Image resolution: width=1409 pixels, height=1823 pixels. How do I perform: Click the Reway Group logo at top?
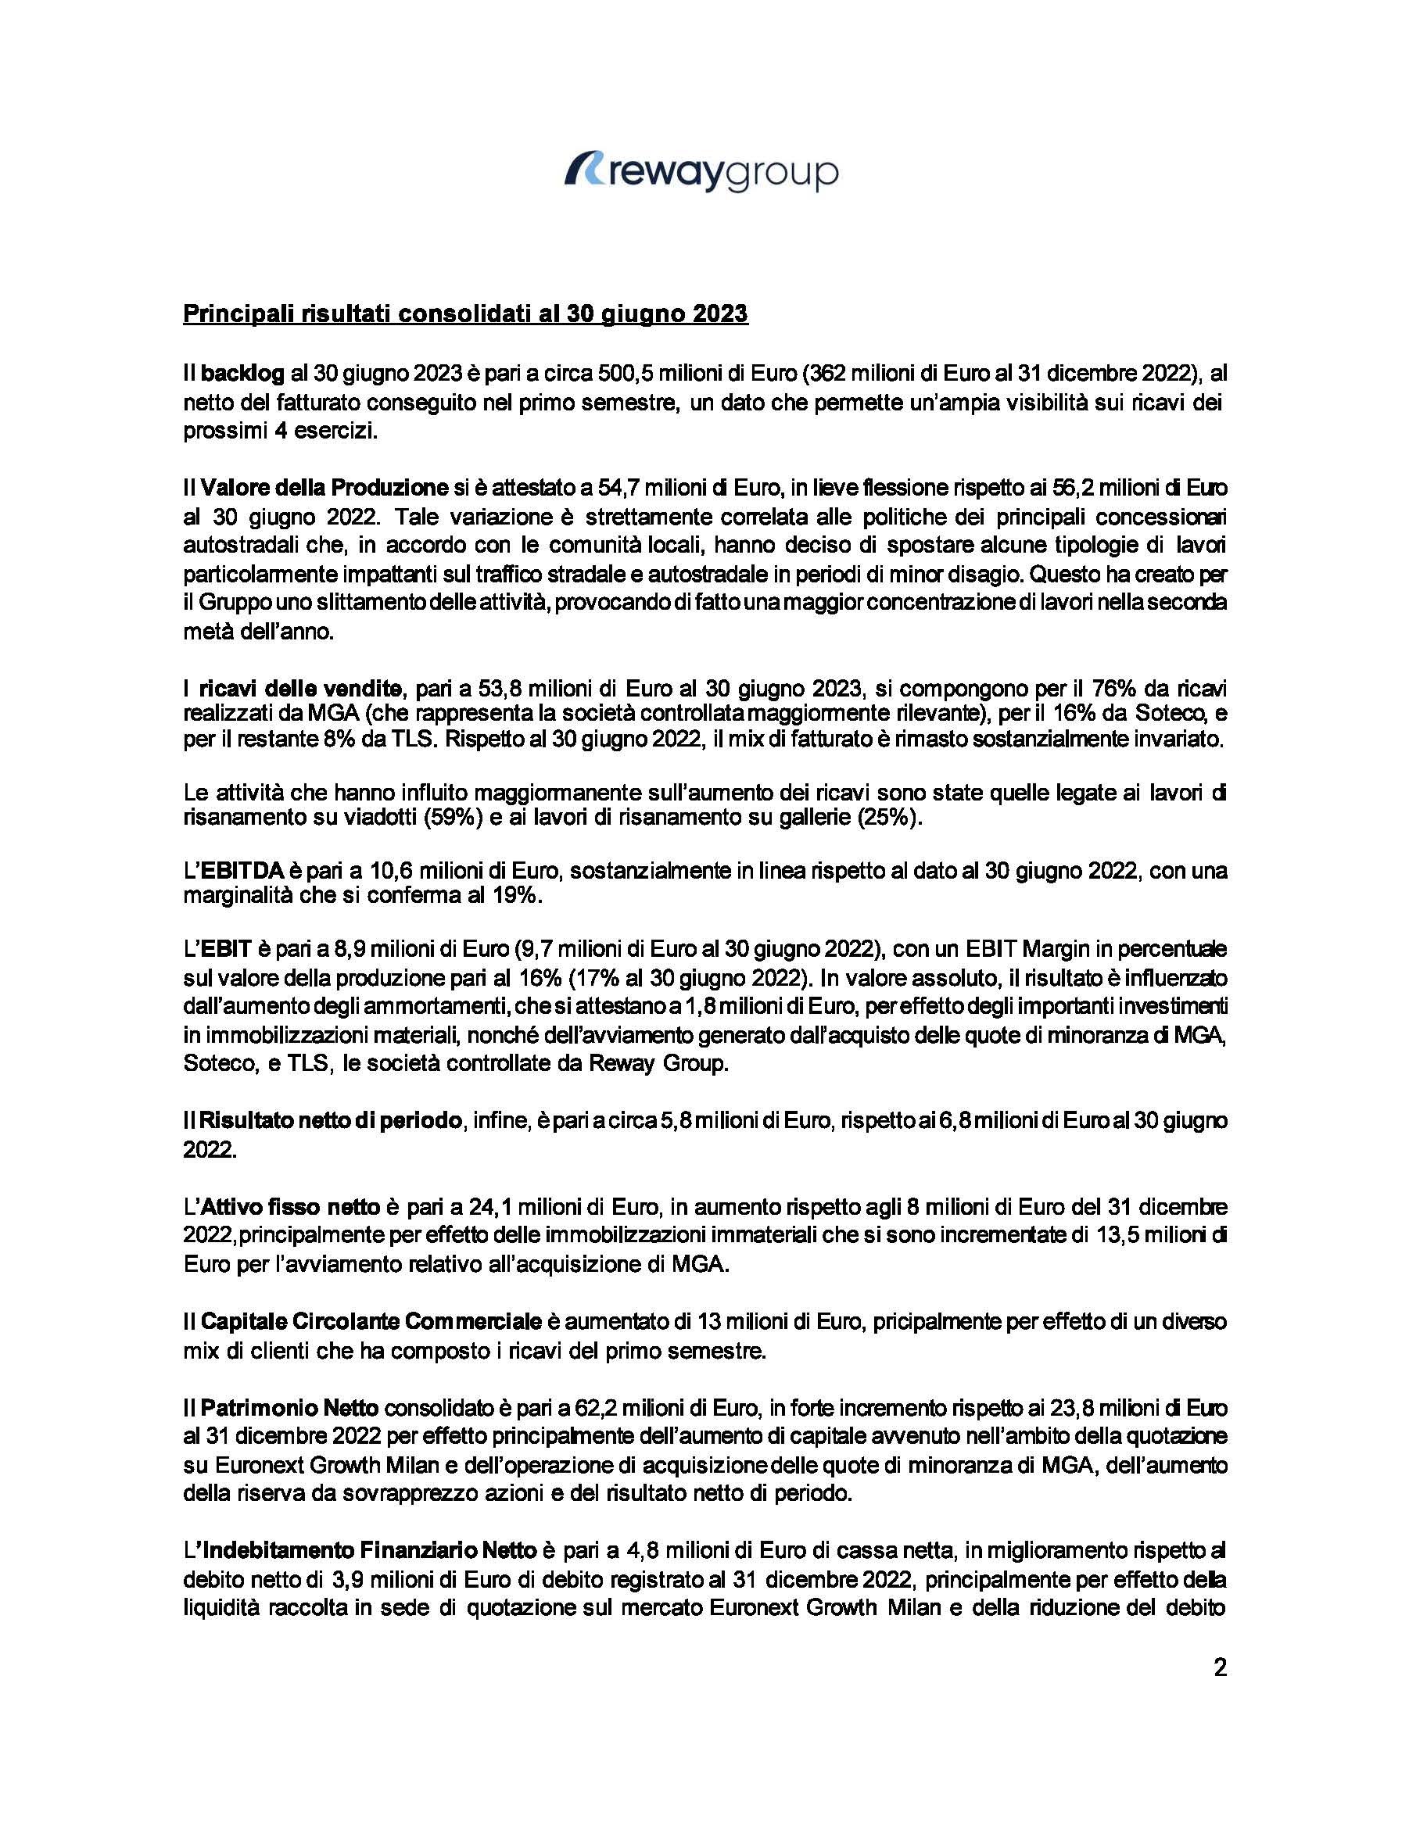(701, 172)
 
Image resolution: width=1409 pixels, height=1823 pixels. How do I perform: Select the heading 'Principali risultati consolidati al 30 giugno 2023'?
(465, 315)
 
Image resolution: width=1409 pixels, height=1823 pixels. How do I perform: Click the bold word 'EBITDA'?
(242, 872)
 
